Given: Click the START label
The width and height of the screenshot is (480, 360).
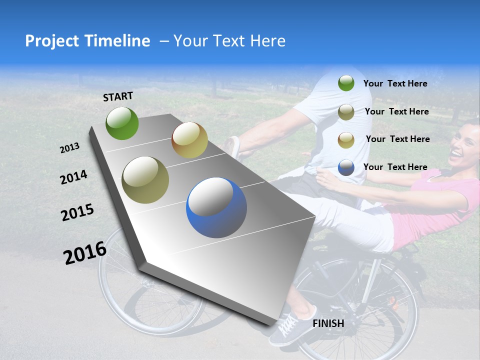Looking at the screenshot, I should pos(118,96).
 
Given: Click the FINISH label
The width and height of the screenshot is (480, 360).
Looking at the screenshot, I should pos(328,323).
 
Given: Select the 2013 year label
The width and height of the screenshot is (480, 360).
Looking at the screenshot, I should pos(70,147).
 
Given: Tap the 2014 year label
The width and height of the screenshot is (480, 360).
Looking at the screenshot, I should pos(73,177).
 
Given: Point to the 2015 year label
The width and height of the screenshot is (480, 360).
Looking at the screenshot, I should pos(77,212).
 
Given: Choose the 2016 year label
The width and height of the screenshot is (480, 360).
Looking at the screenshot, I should pos(85,253).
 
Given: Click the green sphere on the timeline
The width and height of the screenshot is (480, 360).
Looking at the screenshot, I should pos(122,123).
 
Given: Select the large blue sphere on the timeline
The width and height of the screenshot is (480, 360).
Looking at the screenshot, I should pos(216,208).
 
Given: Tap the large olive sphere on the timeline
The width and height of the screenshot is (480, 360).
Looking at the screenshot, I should pos(145,180).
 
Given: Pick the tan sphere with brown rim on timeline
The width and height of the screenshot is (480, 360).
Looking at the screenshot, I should pos(189,140).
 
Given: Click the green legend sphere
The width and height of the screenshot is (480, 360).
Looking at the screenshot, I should pos(346,83).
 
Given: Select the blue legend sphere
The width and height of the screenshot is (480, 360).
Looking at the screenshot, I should pos(346,167).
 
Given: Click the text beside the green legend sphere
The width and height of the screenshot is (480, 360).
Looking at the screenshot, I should pos(395,83).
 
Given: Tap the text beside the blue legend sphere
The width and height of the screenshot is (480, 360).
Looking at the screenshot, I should pos(395,167).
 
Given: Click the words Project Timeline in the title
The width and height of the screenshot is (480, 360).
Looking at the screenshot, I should pos(87,41).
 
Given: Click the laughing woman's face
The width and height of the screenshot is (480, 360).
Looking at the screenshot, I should pos(464,145).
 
